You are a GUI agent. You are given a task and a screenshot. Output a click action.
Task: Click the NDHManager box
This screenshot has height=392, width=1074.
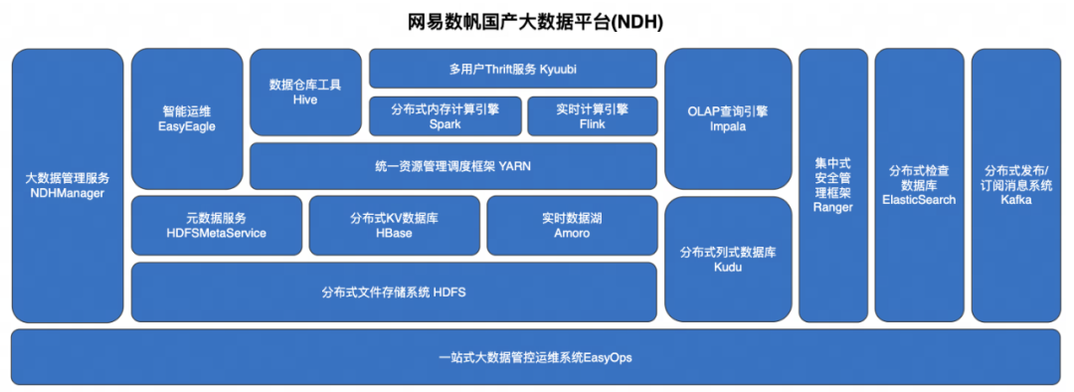click(x=68, y=185)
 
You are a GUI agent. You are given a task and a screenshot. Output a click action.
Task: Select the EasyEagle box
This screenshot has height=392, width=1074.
click(x=187, y=118)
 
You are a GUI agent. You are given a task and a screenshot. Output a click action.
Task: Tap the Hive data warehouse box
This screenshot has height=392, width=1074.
click(x=305, y=93)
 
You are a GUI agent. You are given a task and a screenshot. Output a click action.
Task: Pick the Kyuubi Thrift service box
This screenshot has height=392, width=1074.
click(x=513, y=69)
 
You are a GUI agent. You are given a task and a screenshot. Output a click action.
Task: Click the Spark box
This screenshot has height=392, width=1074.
click(x=445, y=116)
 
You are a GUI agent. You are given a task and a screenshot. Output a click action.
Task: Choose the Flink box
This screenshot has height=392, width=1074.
click(x=592, y=116)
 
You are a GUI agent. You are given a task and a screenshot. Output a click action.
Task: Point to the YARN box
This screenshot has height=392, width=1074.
click(x=453, y=166)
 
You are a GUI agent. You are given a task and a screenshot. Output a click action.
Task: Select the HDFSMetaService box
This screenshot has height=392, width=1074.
click(x=217, y=225)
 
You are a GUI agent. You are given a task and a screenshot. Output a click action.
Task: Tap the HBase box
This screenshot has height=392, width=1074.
click(x=395, y=225)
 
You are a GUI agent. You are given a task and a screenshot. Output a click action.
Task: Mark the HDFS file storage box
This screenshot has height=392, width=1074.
click(x=394, y=293)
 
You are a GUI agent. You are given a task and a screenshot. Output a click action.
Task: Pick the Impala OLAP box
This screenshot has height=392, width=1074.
click(x=728, y=118)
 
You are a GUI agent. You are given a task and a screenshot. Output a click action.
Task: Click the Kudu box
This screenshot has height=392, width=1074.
click(x=728, y=259)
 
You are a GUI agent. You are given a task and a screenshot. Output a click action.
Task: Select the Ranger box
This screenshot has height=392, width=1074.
click(x=833, y=185)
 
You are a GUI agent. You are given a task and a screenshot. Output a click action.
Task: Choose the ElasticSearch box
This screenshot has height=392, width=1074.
click(x=919, y=185)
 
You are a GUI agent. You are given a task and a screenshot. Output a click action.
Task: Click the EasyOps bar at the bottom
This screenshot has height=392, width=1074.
click(x=536, y=356)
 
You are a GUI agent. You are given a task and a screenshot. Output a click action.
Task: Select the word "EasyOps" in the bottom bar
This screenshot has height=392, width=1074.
click(x=608, y=356)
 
